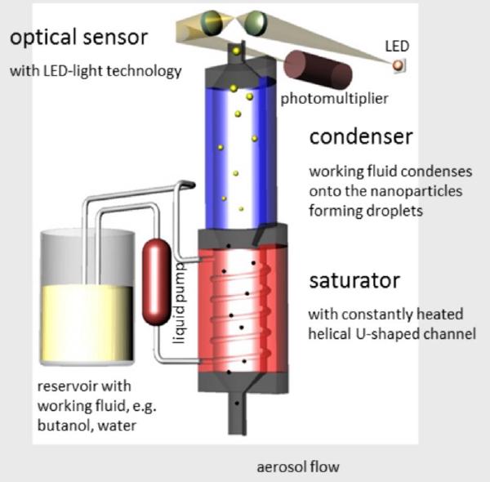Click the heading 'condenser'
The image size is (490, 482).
pyautogui.click(x=360, y=136)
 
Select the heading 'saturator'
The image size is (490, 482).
pyautogui.click(x=354, y=280)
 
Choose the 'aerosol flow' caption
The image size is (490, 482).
pyautogui.click(x=297, y=467)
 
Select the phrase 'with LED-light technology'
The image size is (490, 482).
pyautogui.click(x=96, y=71)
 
